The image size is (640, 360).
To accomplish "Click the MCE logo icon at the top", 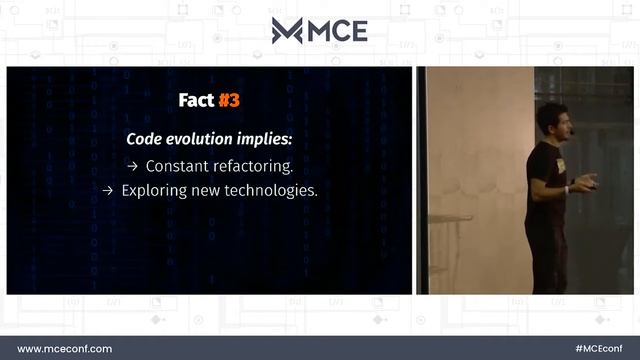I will [287, 31].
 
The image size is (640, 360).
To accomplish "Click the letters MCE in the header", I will [337, 31].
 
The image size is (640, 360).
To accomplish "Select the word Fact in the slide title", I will [195, 100].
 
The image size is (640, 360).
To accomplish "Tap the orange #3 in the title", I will [230, 100].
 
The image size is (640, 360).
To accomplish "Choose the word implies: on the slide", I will [265, 139].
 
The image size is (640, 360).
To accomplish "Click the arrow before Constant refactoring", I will [132, 165].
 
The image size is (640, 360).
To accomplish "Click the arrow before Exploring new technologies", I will [108, 190].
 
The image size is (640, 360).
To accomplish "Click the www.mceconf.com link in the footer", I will [65, 348].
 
